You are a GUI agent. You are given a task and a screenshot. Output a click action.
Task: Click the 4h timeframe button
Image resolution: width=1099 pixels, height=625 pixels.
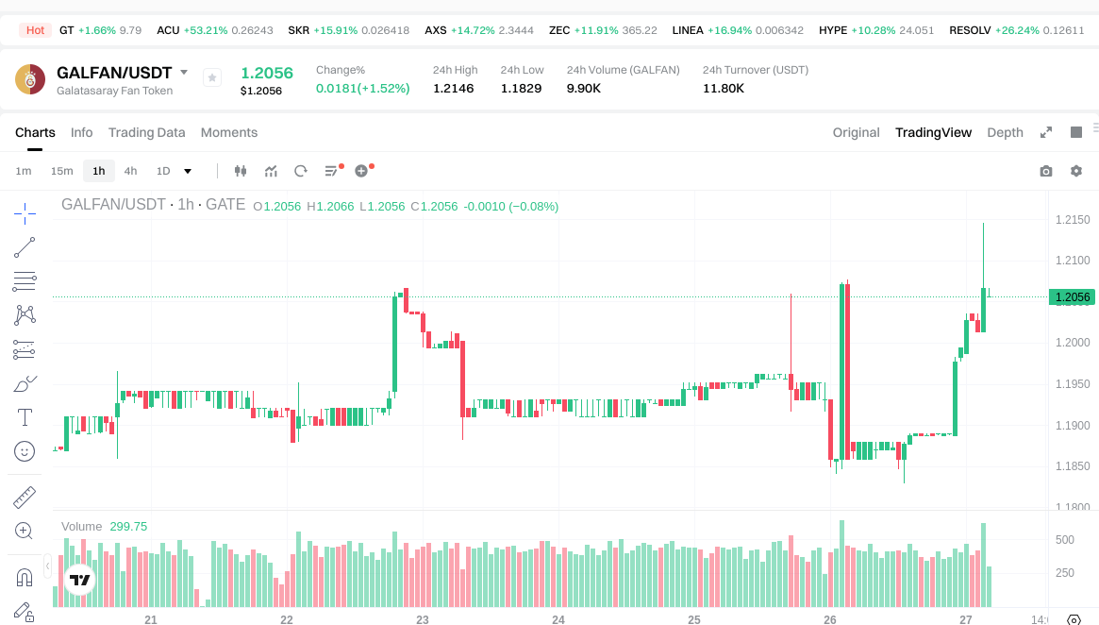(130, 171)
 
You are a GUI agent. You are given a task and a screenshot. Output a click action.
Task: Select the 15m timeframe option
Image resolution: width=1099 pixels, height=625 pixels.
(61, 171)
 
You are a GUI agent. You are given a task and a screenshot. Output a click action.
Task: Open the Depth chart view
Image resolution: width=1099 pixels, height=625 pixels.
(1005, 132)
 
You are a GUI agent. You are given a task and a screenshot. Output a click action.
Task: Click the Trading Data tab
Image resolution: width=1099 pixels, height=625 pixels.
(146, 132)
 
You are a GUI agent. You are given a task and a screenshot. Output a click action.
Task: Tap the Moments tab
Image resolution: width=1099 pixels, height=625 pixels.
(229, 132)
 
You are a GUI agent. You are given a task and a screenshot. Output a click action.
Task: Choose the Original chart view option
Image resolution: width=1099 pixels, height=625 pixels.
(856, 132)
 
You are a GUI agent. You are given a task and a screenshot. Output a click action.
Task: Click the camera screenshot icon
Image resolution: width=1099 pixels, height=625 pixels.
(1045, 171)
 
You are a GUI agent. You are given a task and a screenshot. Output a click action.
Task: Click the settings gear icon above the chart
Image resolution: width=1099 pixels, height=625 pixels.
(1076, 171)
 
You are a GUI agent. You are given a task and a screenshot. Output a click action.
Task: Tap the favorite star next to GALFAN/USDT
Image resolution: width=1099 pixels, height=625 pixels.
(212, 77)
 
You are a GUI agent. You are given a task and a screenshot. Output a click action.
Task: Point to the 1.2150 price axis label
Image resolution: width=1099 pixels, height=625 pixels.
(1072, 220)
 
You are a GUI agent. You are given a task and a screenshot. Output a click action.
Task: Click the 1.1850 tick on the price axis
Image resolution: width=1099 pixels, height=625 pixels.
(1072, 466)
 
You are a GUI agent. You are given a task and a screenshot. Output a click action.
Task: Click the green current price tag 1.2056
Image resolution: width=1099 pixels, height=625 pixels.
(1073, 297)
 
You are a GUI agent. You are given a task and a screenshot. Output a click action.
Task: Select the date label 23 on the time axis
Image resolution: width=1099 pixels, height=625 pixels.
(423, 620)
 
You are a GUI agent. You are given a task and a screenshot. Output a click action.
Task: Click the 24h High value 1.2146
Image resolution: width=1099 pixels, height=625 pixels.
(453, 89)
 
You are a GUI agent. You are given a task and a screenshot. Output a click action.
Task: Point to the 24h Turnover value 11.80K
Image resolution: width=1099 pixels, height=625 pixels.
(724, 89)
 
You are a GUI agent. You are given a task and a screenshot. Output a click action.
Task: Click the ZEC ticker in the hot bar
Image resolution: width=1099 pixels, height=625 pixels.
(559, 30)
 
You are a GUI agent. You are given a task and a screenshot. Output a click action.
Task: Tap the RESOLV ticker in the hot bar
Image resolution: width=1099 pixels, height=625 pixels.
(970, 30)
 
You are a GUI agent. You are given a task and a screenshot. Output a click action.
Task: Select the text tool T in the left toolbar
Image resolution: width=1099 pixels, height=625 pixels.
(25, 416)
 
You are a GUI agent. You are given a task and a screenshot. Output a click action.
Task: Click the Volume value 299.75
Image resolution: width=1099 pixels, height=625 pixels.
(128, 527)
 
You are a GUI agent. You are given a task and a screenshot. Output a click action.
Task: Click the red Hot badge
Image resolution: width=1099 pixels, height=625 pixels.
(35, 30)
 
